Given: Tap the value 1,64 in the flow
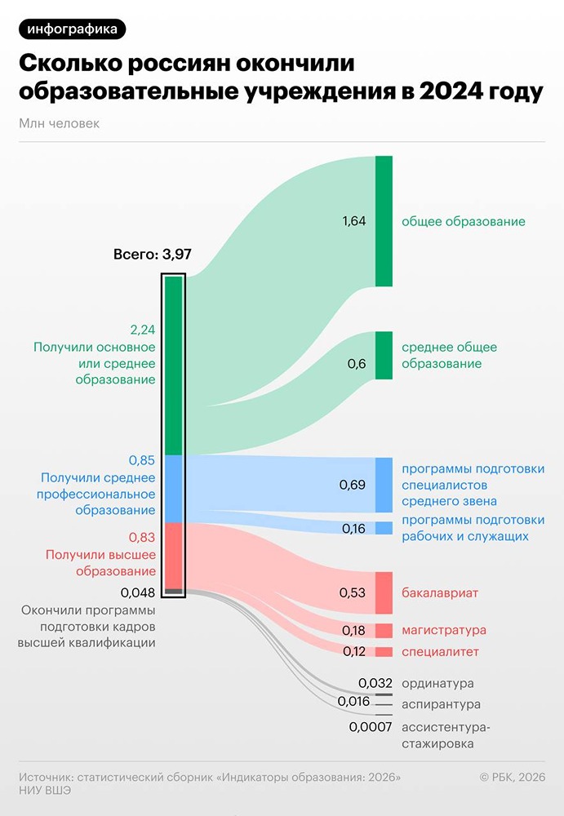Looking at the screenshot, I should coord(354,221).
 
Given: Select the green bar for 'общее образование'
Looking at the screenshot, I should coord(384,220).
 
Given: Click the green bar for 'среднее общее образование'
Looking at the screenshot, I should coord(384,355).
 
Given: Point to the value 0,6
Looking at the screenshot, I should coord(357,364).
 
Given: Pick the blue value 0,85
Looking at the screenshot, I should coord(142,460).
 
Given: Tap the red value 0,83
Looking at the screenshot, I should coord(142,538).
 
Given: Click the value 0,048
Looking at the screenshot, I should coord(137,592).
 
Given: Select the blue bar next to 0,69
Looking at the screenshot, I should coord(384,485).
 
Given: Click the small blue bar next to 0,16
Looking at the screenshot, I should coord(384,528).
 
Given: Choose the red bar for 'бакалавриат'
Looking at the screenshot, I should coord(384,592).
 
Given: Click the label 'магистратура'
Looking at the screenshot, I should coord(444,630).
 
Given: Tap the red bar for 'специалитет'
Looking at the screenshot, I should coord(384,652).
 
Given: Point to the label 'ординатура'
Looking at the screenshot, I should coord(437,683).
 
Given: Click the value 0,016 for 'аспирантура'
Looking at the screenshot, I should coord(353,701).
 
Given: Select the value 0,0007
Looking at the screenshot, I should coord(371,726).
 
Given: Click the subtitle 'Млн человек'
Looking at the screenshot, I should coord(58,123).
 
